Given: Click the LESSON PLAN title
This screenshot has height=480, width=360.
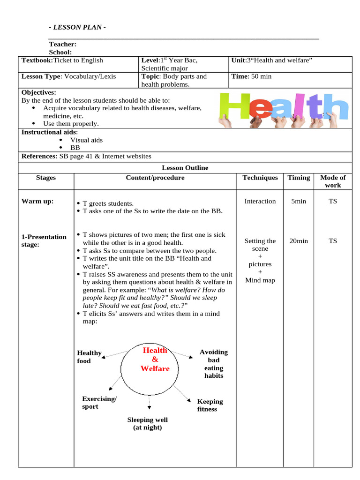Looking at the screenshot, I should click(x=77, y=27).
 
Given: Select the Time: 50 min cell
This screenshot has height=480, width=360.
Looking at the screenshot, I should click(x=252, y=76).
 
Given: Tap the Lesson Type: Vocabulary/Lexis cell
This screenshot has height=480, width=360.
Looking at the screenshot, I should click(x=68, y=76).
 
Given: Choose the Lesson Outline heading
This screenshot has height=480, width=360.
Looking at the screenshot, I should click(x=185, y=168).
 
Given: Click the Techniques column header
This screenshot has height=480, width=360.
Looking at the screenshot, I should click(x=260, y=178).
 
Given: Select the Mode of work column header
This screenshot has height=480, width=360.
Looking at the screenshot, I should click(x=332, y=181).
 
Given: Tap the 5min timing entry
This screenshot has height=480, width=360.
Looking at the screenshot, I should click(x=299, y=202).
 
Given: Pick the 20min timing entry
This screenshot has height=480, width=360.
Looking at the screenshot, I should click(x=299, y=241).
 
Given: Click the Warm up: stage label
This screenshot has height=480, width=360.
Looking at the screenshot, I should click(x=37, y=202).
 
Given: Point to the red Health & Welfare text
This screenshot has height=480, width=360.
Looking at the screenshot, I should click(x=155, y=360).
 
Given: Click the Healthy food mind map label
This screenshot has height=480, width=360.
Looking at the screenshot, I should click(x=89, y=357).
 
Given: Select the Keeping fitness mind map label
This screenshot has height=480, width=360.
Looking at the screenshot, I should click(x=210, y=405).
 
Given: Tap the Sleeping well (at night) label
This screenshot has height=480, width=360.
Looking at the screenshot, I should click(x=147, y=423).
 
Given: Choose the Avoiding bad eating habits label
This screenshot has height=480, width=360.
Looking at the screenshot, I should click(x=213, y=364).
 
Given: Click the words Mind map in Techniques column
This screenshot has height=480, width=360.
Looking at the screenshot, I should click(x=260, y=280).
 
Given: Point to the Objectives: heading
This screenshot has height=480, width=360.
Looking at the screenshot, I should click(x=38, y=93).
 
